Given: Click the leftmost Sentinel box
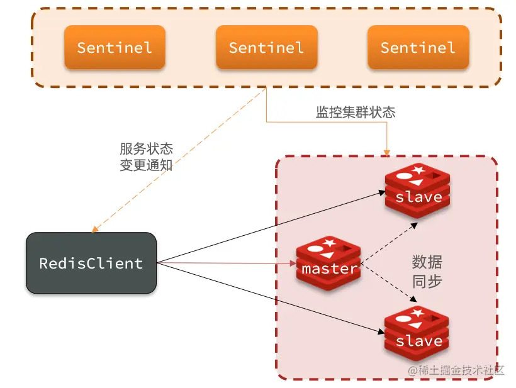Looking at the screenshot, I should click(x=114, y=47).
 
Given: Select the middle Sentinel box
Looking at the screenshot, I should click(x=266, y=47).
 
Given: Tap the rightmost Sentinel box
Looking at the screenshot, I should click(x=418, y=47).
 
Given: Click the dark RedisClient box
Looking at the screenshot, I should click(x=91, y=263).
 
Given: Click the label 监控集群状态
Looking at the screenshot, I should click(x=356, y=113).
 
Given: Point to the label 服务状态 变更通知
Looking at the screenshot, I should click(x=146, y=157).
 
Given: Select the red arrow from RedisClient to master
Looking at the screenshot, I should click(x=227, y=263).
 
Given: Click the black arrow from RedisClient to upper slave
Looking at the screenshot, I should click(x=271, y=227).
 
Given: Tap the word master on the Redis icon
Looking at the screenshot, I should click(x=329, y=269).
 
